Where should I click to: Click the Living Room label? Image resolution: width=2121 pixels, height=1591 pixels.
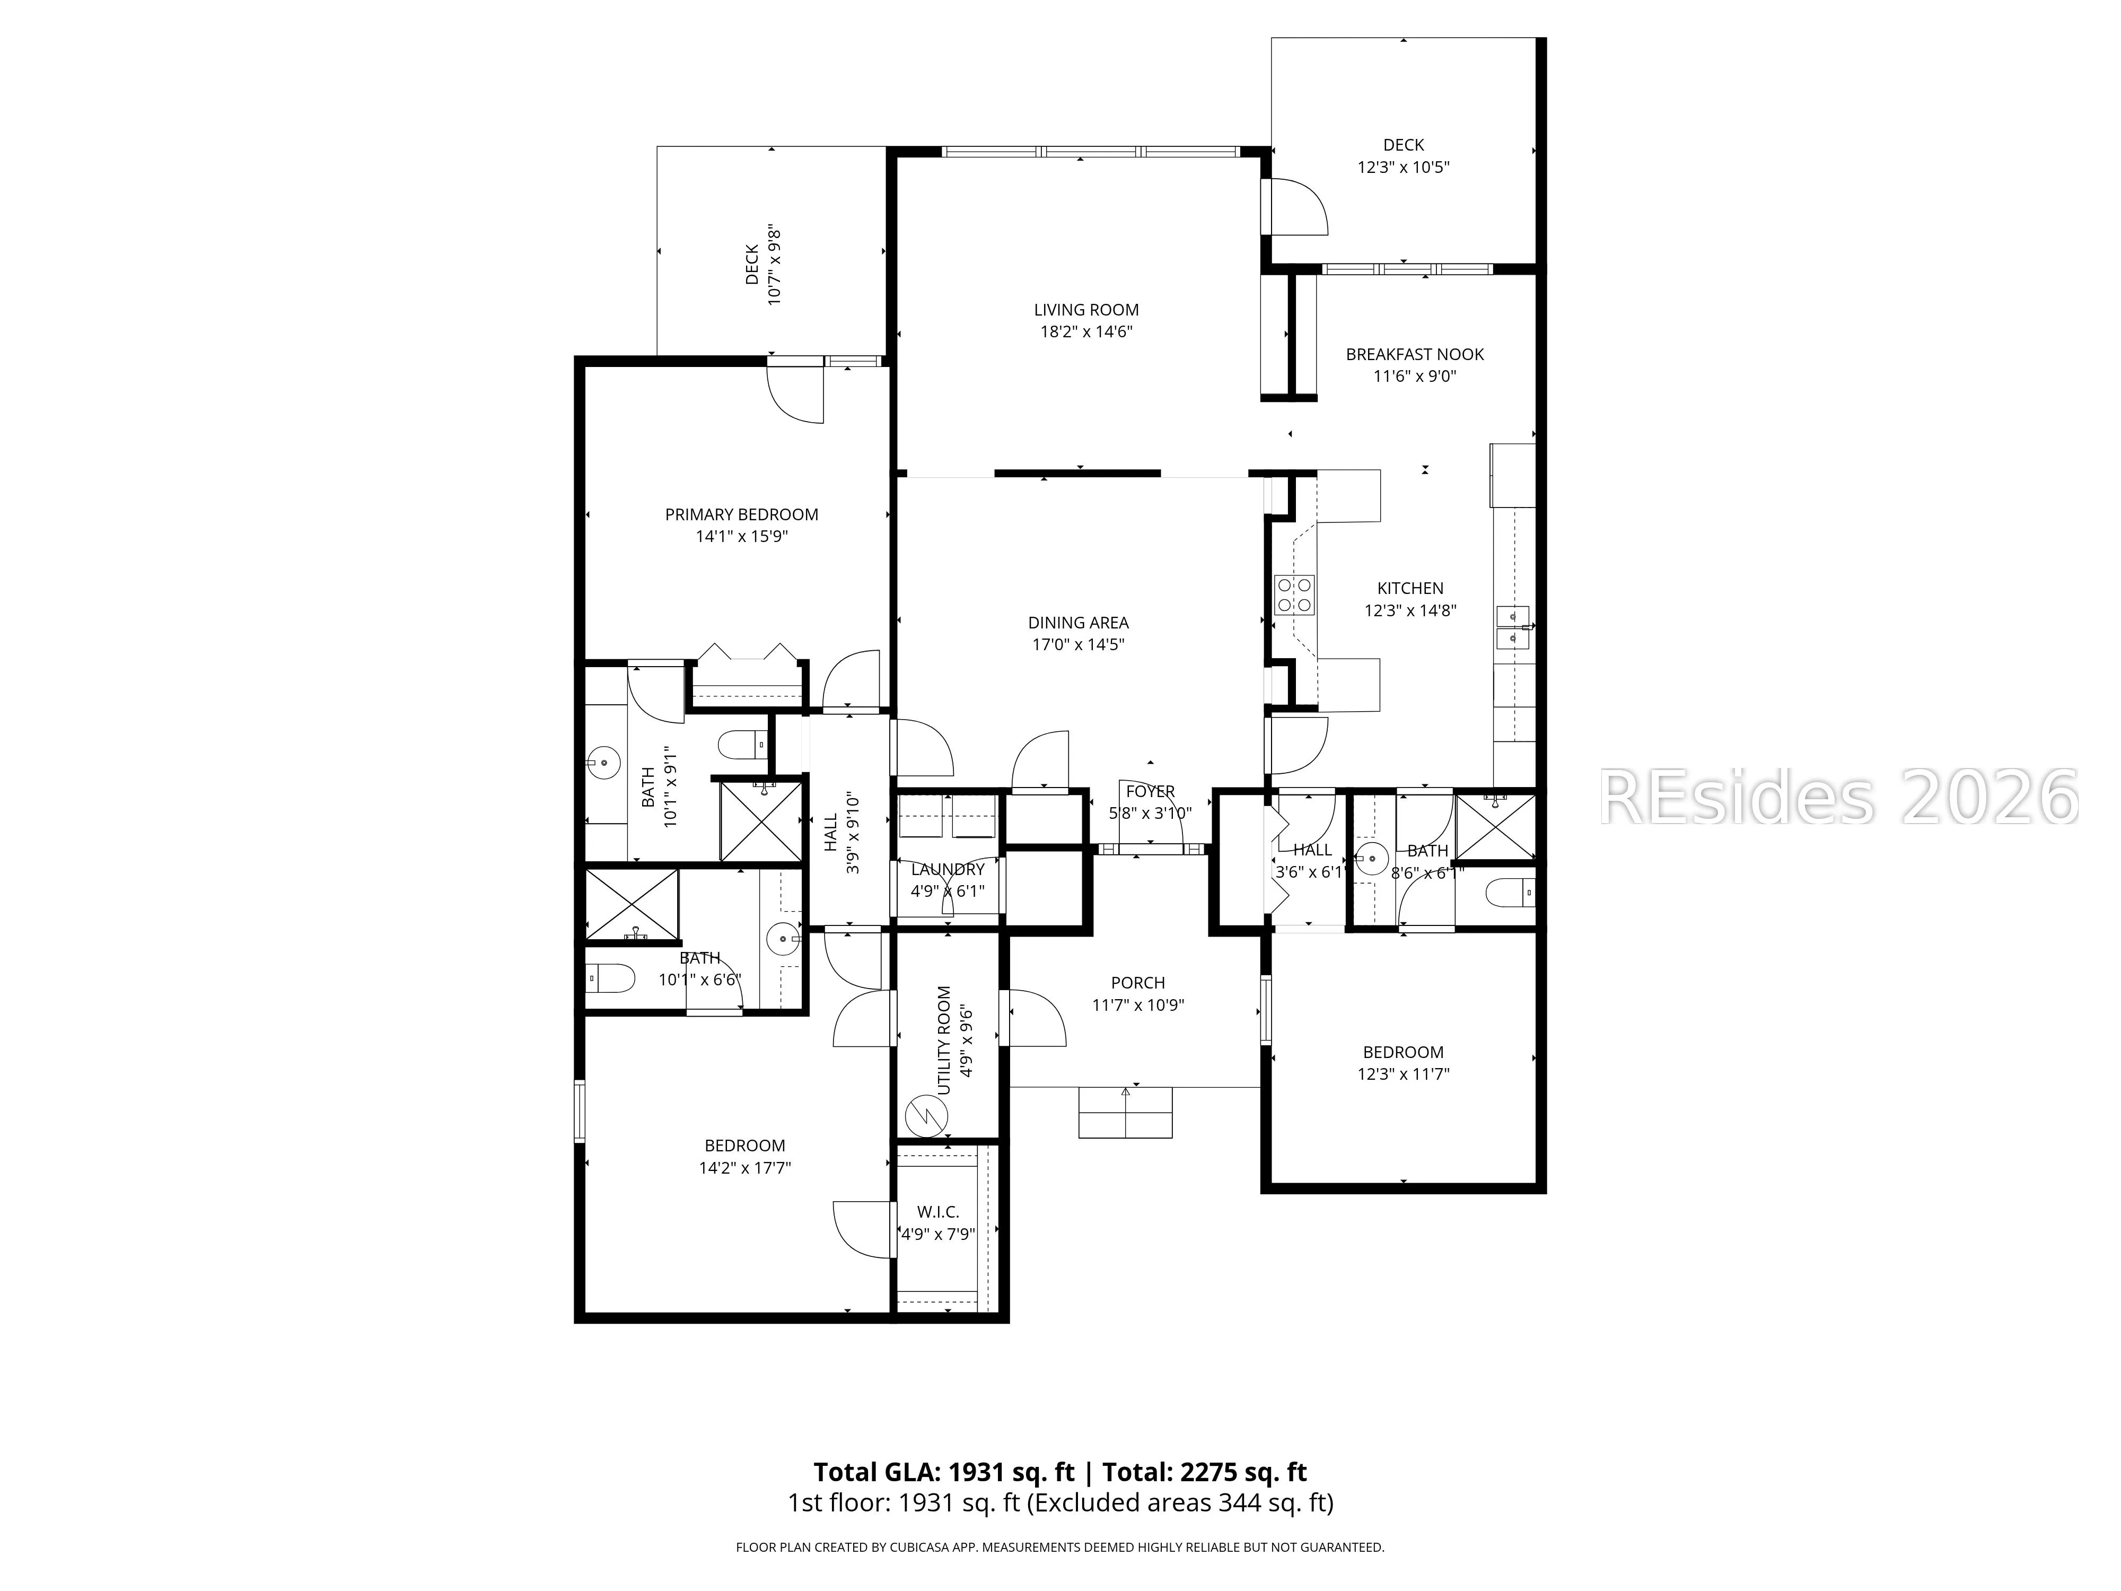1086,310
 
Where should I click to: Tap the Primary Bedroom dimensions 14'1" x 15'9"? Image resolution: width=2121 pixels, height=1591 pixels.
742,536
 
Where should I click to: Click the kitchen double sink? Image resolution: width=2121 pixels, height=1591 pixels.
1514,627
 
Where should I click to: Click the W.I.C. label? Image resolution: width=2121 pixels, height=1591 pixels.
938,1212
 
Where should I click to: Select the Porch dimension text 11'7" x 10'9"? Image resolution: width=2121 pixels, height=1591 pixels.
1138,1005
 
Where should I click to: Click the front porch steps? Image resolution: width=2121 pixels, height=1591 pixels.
1126,1113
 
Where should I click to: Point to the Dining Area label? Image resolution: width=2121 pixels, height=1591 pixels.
1079,623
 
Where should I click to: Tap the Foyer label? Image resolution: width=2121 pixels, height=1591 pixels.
1151,791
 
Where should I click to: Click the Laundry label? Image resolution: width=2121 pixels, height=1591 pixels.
948,869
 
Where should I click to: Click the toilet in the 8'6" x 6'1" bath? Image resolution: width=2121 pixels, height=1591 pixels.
1509,894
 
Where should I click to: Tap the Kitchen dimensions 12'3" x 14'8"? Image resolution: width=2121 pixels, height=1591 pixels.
1410,610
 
